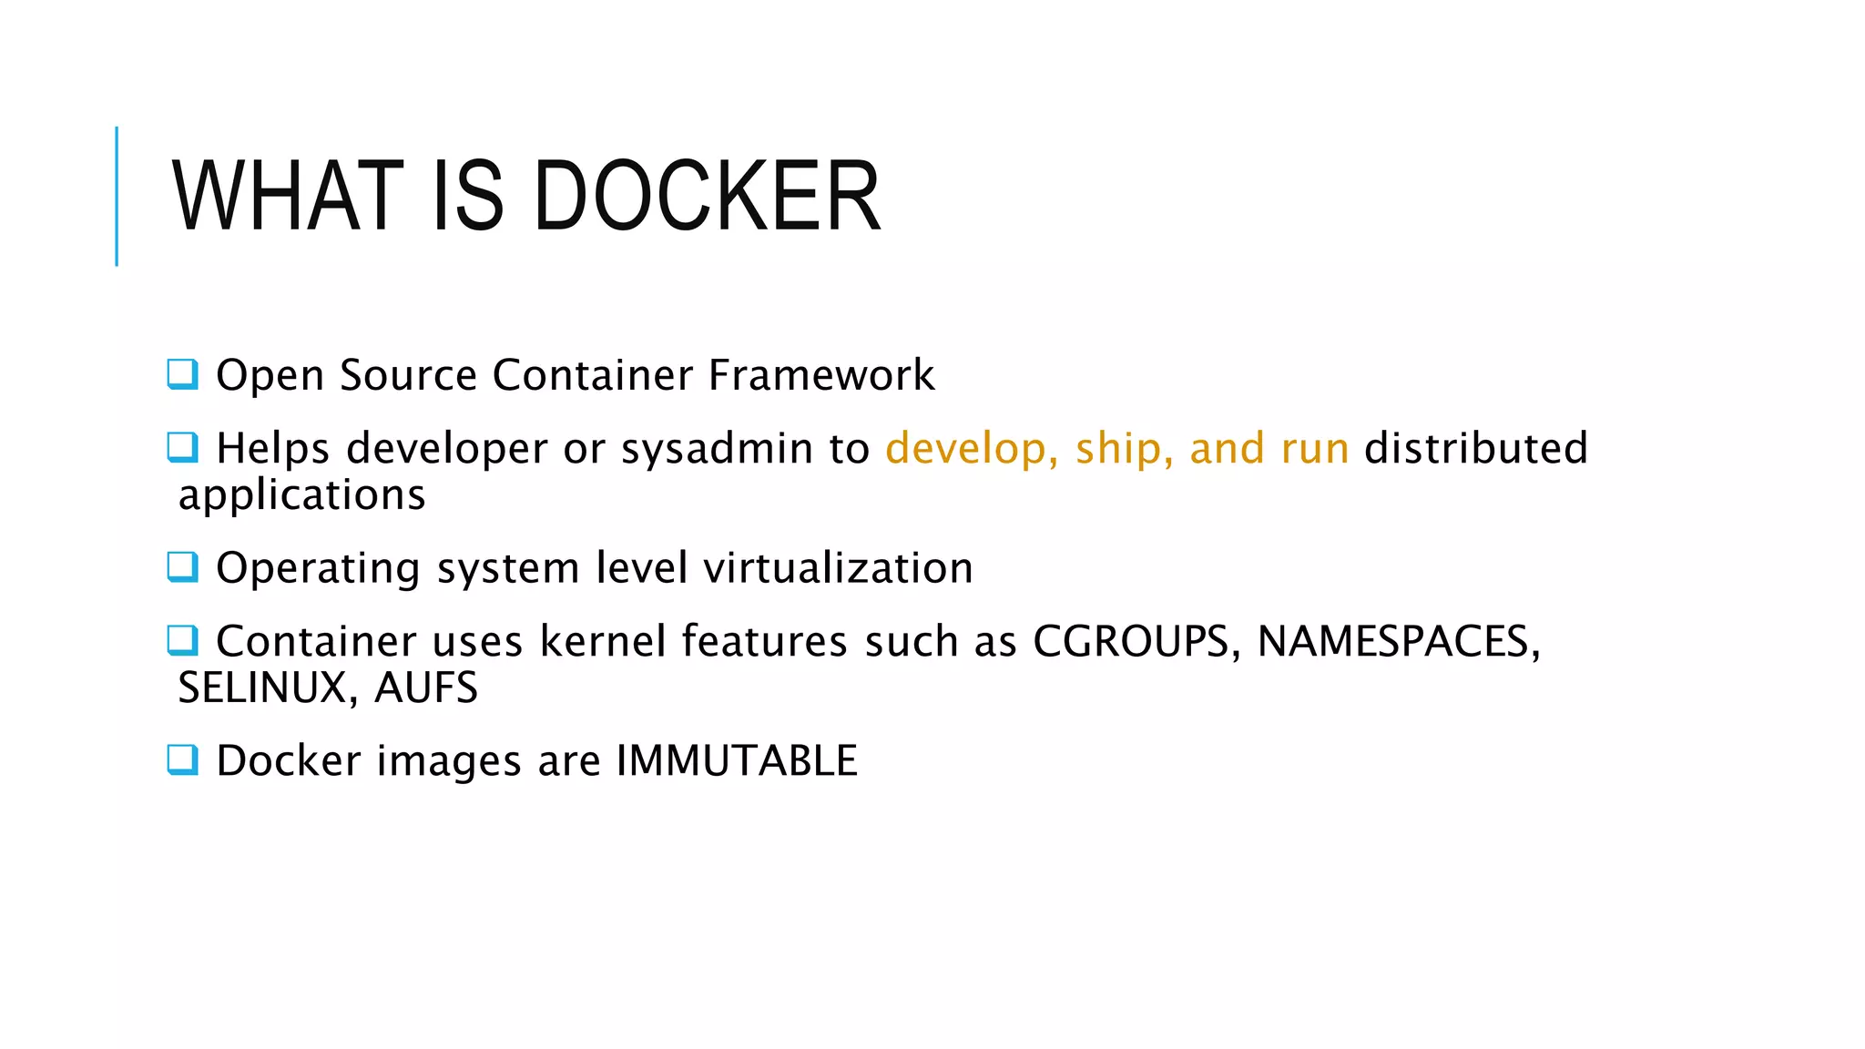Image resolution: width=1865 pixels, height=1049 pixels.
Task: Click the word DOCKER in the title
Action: [x=707, y=196]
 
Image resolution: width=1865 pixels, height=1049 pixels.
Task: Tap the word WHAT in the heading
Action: [x=288, y=196]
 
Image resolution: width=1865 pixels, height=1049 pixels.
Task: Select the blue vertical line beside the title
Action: [x=117, y=196]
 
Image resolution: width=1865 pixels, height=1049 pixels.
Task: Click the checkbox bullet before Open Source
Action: [x=182, y=374]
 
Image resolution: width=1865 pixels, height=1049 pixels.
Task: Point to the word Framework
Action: [x=821, y=375]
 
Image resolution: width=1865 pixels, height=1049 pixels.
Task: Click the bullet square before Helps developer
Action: [x=182, y=447]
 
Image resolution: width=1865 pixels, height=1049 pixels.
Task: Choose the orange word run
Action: [x=1314, y=449]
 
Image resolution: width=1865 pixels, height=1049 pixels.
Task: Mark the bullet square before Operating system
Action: [x=182, y=567]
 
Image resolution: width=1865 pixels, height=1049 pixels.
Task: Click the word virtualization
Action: [x=839, y=568]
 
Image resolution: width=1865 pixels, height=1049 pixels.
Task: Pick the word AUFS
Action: [x=426, y=688]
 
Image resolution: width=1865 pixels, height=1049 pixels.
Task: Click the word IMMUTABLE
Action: [x=737, y=761]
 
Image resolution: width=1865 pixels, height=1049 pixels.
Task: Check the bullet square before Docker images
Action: [x=182, y=759]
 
